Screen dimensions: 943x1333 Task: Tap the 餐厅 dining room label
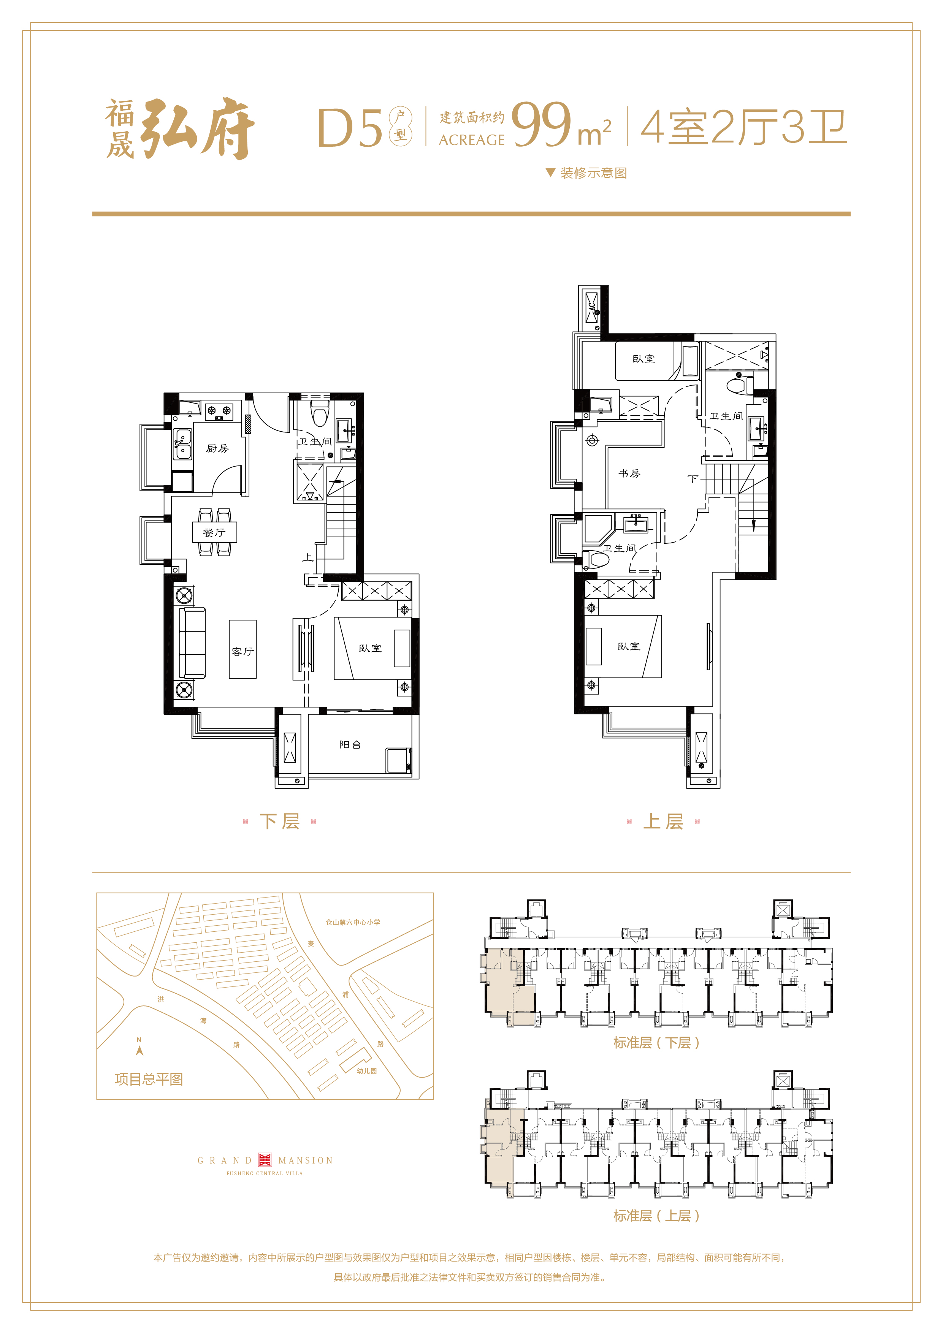[214, 532]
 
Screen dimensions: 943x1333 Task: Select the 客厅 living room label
[243, 651]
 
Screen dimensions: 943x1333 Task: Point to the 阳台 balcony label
[350, 744]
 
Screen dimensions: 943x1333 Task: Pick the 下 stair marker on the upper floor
[692, 479]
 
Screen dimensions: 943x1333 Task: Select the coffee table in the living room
[243, 649]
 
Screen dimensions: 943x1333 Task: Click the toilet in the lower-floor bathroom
[319, 413]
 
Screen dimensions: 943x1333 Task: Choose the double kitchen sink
[182, 443]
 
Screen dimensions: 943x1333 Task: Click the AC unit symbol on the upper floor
[591, 308]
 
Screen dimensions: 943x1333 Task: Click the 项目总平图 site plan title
[149, 1079]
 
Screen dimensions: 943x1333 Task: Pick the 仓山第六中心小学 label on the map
[352, 922]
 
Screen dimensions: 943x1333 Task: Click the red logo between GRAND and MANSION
[265, 1160]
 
